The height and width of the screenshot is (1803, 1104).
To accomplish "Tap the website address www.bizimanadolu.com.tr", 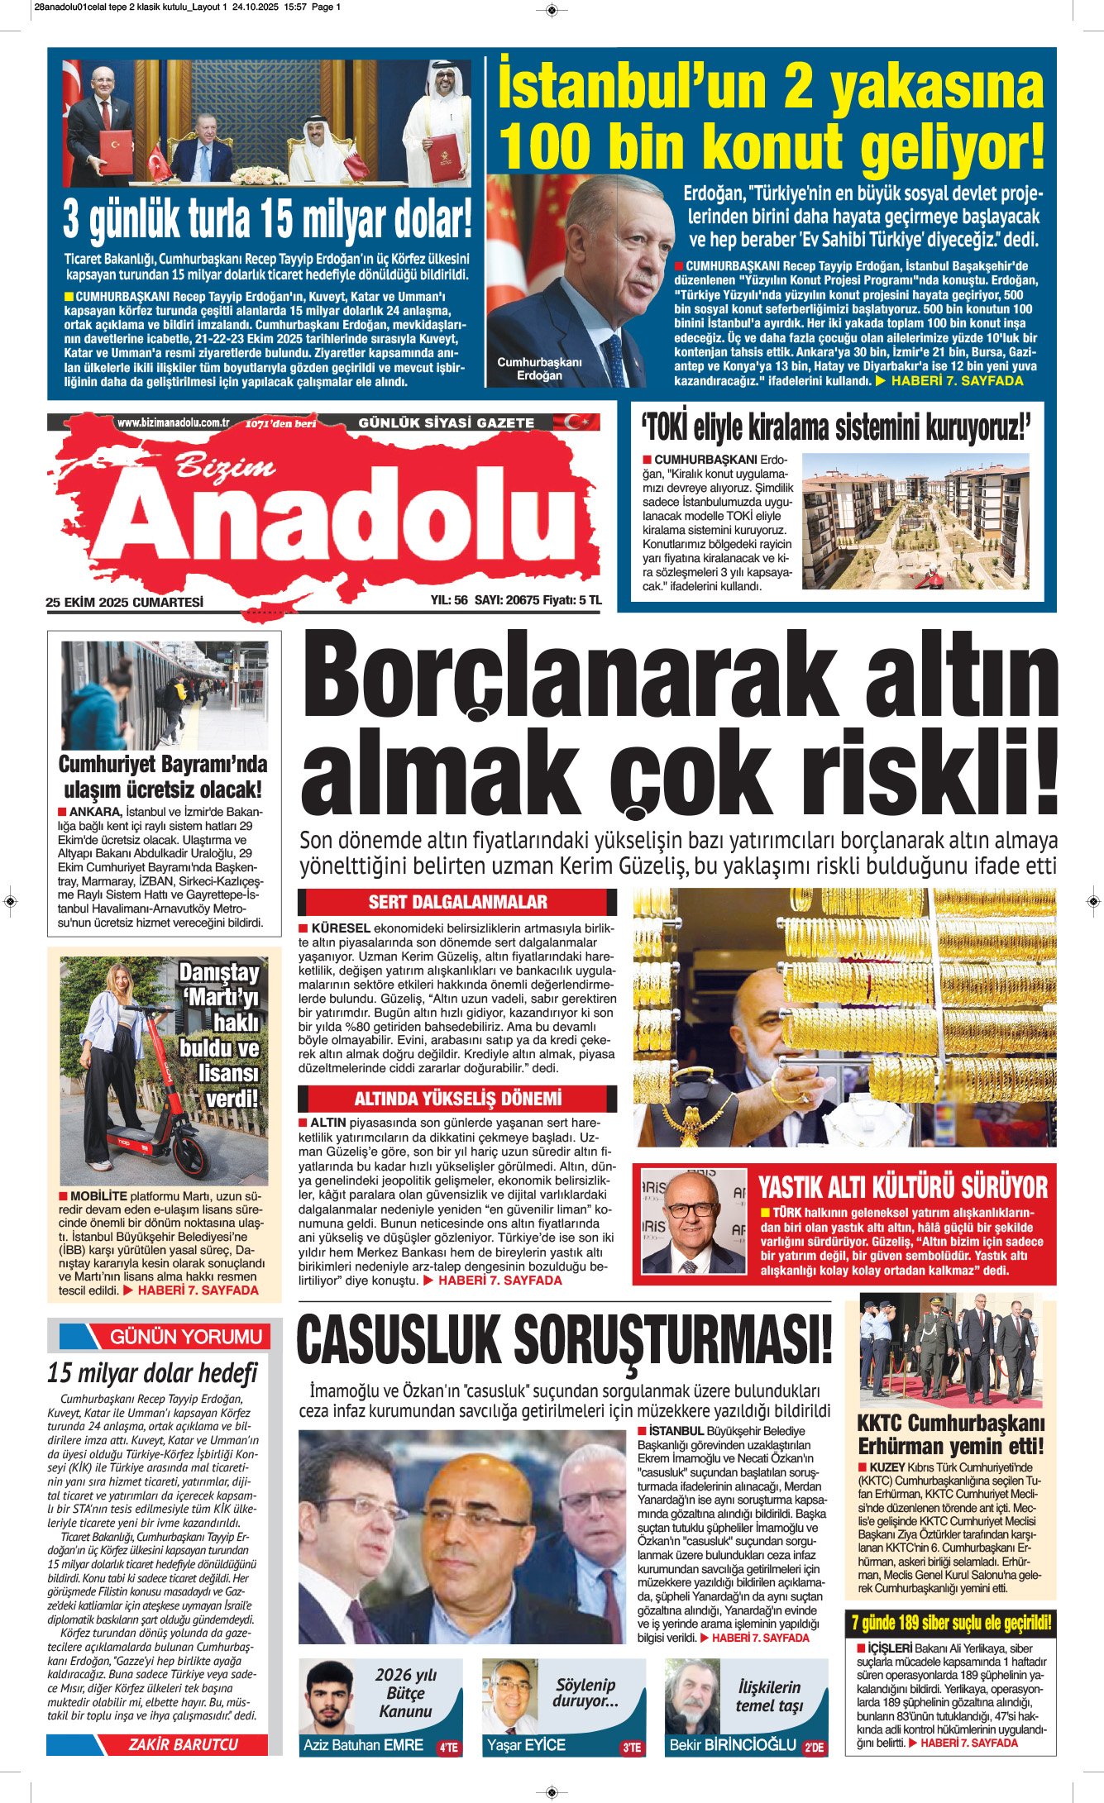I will pos(173,422).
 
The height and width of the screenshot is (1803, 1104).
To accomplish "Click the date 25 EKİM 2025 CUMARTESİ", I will pos(124,603).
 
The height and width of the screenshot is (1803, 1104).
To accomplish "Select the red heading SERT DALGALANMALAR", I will pos(457,902).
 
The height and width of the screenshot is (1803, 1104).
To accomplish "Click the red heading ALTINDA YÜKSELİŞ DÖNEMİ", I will pos(457,1099).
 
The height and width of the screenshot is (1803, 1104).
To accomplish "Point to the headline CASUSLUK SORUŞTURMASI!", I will pos(564,1341).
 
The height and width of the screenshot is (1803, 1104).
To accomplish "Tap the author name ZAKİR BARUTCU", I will pos(183,1744).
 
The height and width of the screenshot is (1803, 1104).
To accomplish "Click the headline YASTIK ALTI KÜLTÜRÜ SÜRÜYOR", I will pos(903,1188).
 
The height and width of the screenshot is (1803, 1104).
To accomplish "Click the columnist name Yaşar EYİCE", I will pos(526,1745).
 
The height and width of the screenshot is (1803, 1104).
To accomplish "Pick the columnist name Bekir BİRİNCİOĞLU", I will pos(731,1745).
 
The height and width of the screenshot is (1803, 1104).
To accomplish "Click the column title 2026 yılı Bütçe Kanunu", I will pos(405,1693).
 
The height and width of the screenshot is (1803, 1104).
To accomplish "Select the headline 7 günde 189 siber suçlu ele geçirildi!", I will pos(950,1623).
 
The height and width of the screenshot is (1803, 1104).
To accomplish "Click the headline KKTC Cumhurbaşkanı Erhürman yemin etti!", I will pos(950,1434).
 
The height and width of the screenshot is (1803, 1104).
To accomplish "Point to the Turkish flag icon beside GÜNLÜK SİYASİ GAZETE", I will pos(576,422).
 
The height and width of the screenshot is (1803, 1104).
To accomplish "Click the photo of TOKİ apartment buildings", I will pos(916,520).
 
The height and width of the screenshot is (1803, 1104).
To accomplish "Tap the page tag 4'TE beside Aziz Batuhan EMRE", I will pos(448,1748).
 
